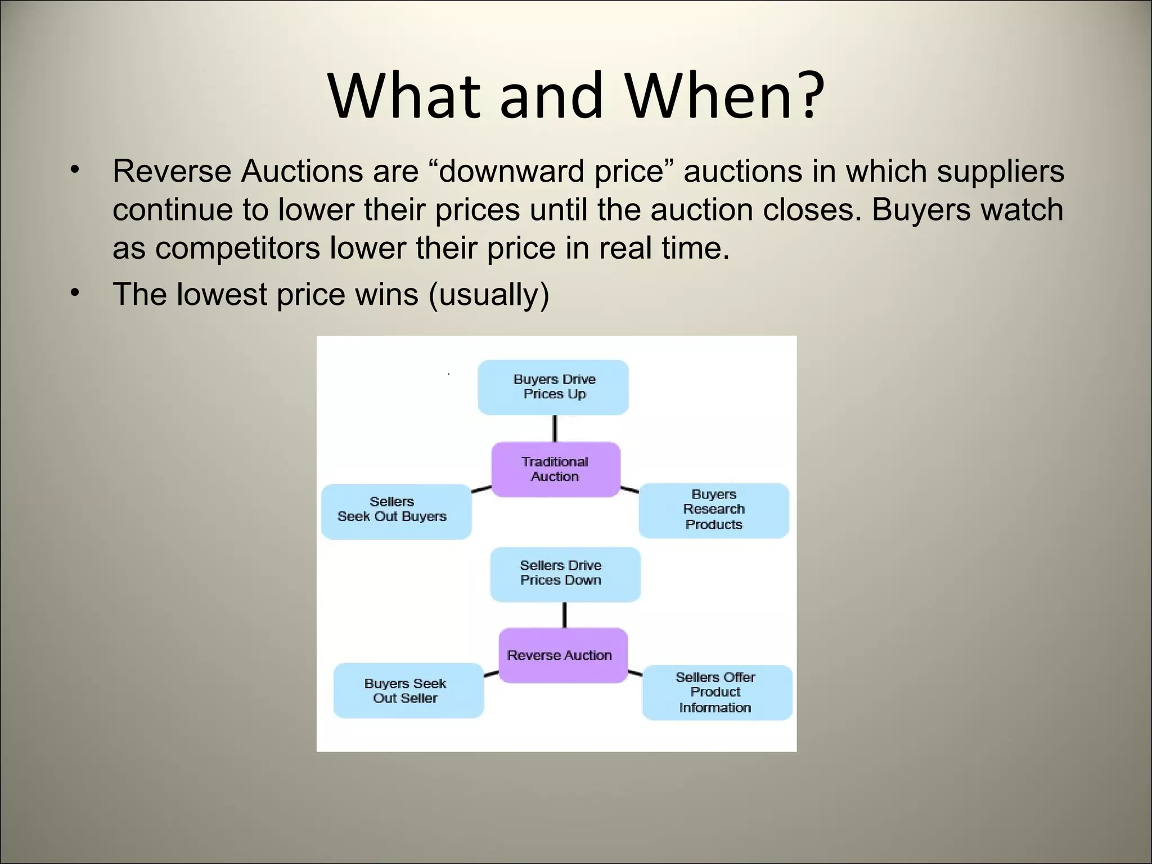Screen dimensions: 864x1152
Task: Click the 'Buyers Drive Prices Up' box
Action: [x=553, y=388]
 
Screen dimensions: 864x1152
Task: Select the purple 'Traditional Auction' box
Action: [x=556, y=469]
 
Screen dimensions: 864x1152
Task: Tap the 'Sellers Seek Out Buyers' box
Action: [x=396, y=511]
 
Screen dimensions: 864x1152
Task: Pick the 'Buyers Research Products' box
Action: [x=714, y=510]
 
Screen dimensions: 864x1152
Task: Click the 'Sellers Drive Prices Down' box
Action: [x=565, y=574]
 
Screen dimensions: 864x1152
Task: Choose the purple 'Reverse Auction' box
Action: [x=562, y=655]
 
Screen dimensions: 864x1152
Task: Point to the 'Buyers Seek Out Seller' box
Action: [x=408, y=691]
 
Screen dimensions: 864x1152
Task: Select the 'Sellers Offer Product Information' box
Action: [x=717, y=692]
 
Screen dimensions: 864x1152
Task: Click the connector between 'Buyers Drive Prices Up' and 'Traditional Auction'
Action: [x=555, y=429]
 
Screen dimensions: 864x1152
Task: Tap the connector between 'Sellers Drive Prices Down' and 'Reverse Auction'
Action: [x=564, y=615]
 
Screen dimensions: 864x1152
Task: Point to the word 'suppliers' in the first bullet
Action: [x=1000, y=171]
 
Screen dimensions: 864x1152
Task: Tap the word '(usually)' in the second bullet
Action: [x=488, y=294]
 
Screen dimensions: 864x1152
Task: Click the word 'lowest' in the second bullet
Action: [x=222, y=294]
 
